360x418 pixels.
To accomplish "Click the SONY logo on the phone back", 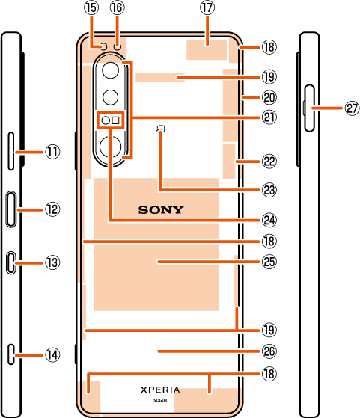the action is [161, 210].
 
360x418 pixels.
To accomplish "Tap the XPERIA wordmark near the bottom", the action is [160, 390].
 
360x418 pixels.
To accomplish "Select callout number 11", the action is [52, 152].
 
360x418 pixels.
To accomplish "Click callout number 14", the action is [52, 355].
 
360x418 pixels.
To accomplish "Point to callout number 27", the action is [352, 108].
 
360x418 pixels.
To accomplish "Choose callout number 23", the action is [269, 190].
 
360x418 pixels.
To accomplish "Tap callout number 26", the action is [269, 351].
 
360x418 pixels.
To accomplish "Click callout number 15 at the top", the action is [91, 7].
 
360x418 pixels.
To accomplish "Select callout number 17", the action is [207, 7].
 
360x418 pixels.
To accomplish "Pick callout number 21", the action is [269, 117].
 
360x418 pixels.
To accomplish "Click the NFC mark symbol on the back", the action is [160, 129].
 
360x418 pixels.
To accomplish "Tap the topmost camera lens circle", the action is [110, 70].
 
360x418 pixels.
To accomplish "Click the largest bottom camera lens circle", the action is [110, 147].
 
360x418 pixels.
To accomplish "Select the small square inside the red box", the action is [115, 120].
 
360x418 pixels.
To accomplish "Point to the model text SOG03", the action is [160, 400].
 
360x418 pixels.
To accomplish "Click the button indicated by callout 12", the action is [11, 209].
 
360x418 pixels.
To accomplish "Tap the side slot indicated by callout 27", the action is [310, 108].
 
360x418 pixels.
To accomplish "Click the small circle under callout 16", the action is [118, 46].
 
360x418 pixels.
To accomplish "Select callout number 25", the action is [269, 262].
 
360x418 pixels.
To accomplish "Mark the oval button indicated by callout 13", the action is [11, 262].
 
